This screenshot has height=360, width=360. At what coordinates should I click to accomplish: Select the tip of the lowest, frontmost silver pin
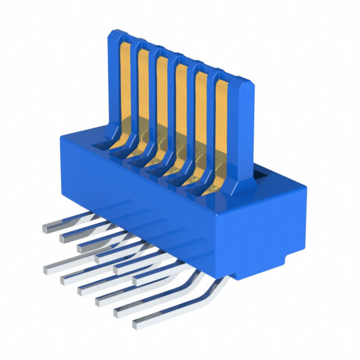tap(137, 325)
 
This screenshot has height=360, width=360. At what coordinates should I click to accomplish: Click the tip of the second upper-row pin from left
tap(64, 238)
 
